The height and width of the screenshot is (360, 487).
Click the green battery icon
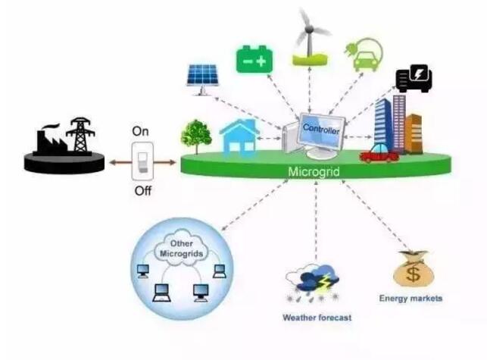(x=254, y=58)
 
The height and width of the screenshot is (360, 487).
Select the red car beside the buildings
(x=379, y=154)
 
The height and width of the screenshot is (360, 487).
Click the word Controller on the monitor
(x=321, y=130)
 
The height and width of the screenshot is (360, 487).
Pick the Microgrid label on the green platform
(x=314, y=172)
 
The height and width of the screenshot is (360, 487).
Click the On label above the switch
(x=140, y=131)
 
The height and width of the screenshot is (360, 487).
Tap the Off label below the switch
(x=143, y=190)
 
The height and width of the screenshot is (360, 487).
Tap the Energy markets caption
(x=411, y=299)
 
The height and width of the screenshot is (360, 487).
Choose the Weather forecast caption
(x=317, y=318)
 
